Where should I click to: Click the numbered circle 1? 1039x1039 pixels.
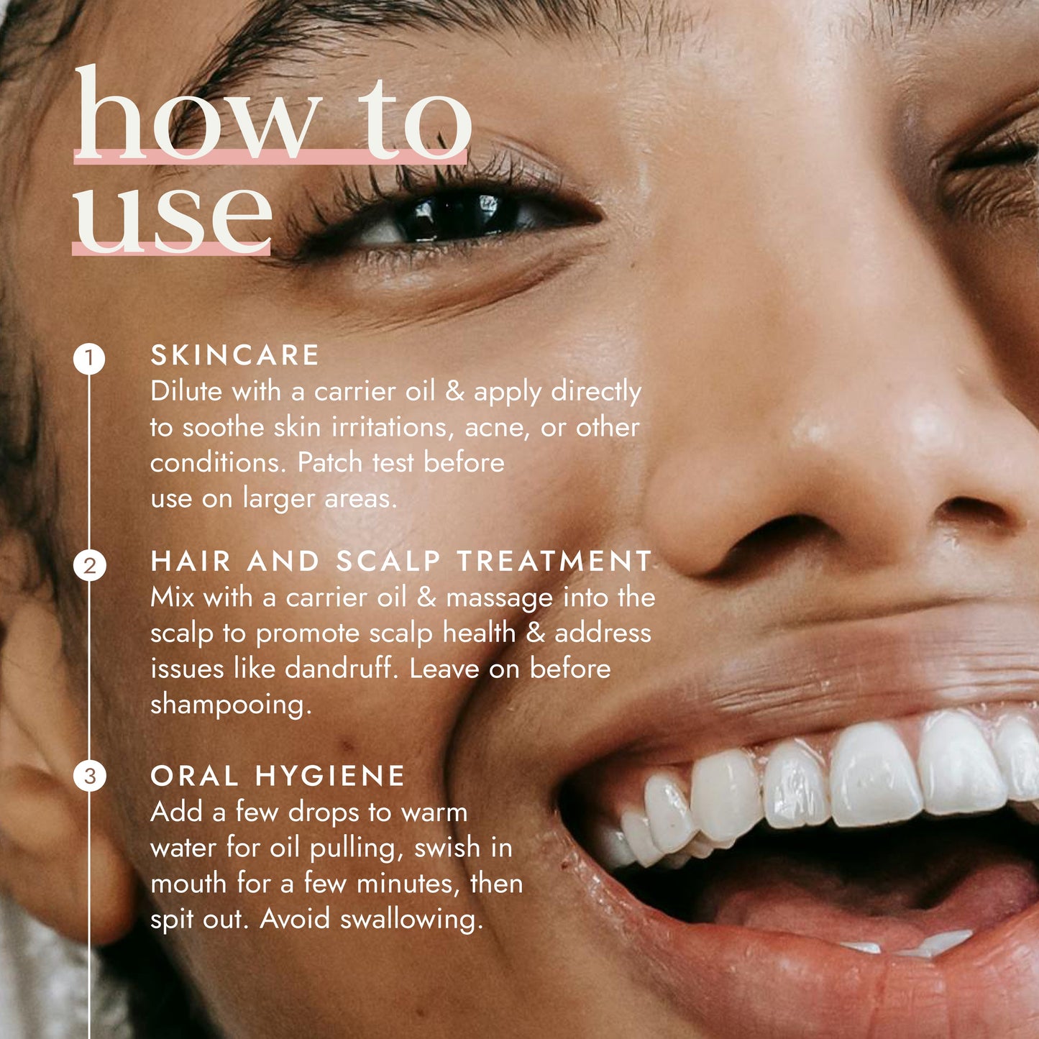click(x=89, y=359)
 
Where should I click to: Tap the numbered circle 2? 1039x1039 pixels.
click(x=89, y=566)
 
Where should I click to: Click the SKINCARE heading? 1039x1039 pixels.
click(x=234, y=354)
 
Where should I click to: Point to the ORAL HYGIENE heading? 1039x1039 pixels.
click(x=277, y=775)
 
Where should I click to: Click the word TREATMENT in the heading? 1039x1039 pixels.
click(x=554, y=561)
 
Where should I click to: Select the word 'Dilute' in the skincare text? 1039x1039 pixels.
click(x=186, y=391)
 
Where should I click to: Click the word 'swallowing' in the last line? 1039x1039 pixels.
click(x=411, y=920)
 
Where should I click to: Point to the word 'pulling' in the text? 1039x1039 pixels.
click(x=357, y=849)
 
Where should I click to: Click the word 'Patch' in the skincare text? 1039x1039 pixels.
click(x=329, y=462)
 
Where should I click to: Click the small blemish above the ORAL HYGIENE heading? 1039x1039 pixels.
click(x=347, y=746)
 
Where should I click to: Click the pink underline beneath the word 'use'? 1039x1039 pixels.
click(x=171, y=249)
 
